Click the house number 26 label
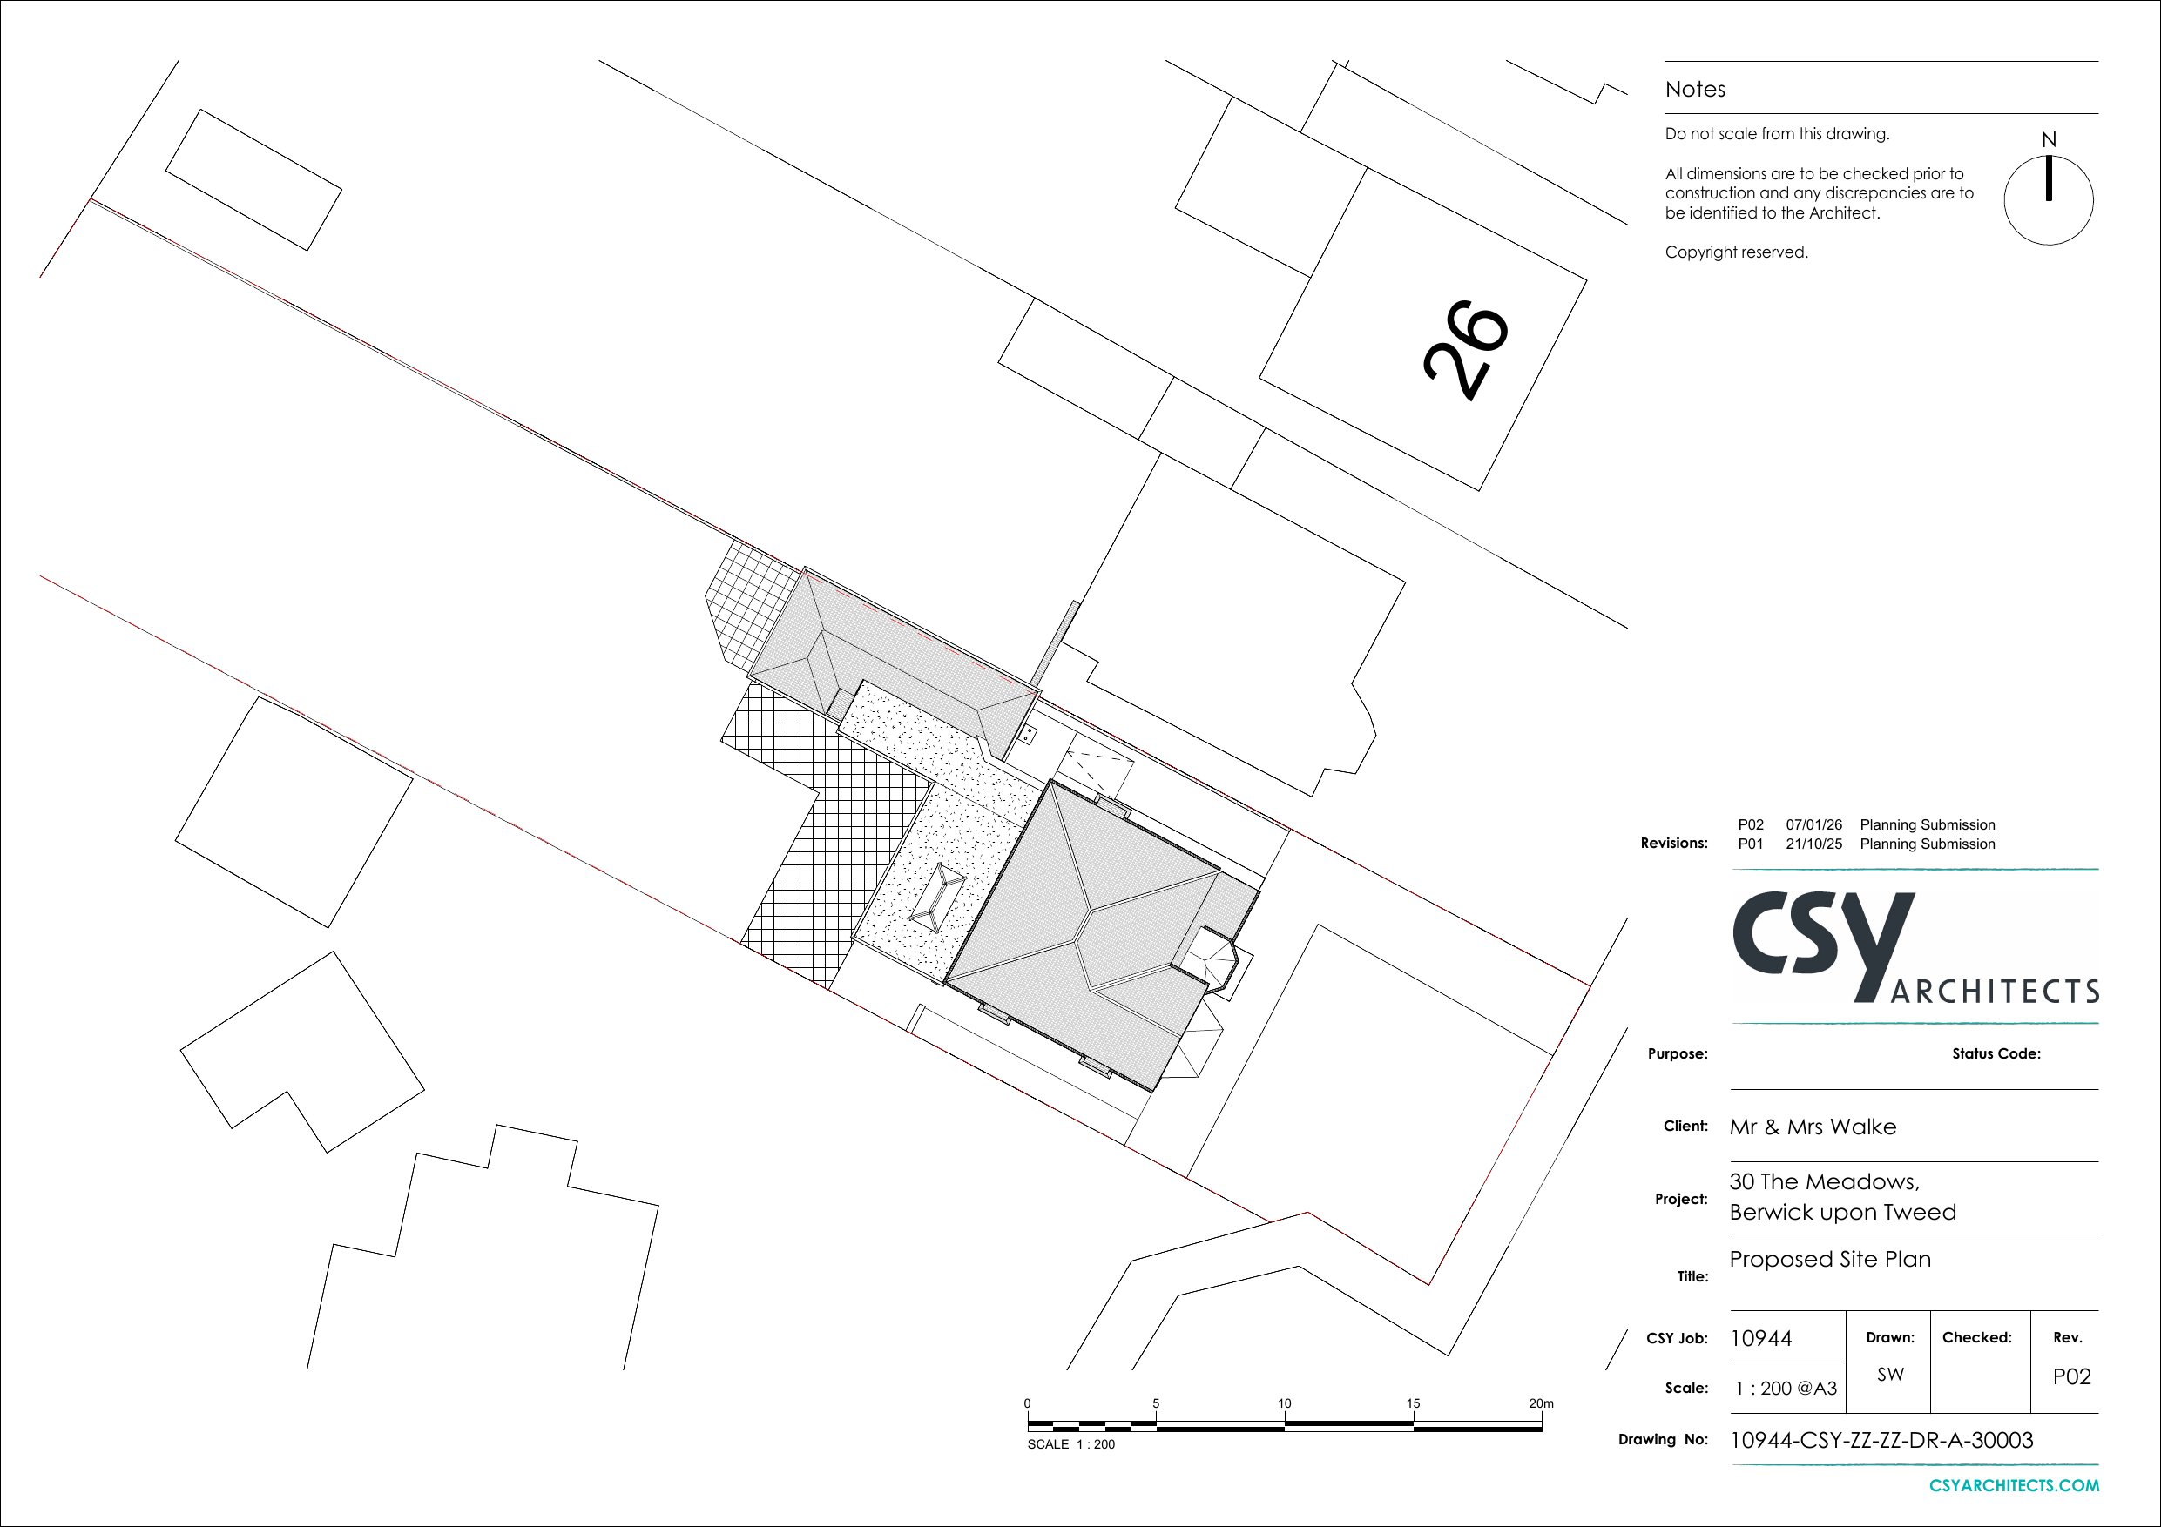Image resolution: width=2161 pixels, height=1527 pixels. (x=1464, y=351)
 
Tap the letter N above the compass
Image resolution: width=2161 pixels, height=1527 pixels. (x=2049, y=139)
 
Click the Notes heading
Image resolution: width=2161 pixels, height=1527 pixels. (x=1695, y=90)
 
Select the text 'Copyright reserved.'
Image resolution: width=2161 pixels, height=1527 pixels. (x=1737, y=252)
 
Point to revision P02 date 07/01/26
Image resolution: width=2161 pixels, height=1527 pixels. (x=1813, y=825)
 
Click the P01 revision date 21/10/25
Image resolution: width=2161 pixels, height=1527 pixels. (x=1813, y=844)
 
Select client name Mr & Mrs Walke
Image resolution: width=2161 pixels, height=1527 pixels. (x=1813, y=1127)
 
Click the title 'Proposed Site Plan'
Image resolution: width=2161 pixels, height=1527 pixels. (x=1830, y=1259)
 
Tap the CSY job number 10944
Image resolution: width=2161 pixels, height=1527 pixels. (x=1761, y=1338)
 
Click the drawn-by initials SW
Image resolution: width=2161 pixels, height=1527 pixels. (x=1890, y=1374)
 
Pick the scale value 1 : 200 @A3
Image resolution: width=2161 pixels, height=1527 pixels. (x=1786, y=1388)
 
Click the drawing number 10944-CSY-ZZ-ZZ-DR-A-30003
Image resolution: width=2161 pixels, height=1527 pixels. (x=1881, y=1441)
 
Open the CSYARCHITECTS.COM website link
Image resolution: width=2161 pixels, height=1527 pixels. (x=2014, y=1485)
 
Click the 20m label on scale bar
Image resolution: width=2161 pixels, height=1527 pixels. (x=1541, y=1403)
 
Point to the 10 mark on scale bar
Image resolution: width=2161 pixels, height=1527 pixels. (x=1285, y=1403)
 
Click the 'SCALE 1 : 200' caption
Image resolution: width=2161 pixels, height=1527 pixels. (x=1071, y=1444)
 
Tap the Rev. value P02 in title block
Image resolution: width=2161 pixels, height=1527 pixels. (x=2071, y=1376)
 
